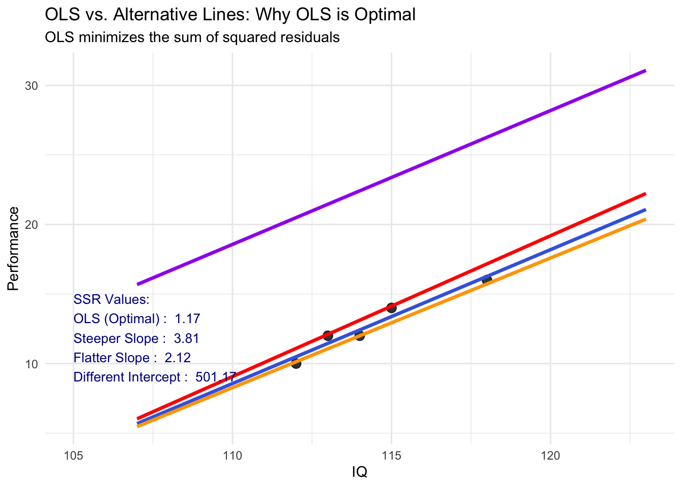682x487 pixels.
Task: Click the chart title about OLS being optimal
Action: pos(230,15)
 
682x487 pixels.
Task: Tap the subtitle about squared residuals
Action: pos(192,38)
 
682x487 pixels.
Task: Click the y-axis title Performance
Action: pos(14,249)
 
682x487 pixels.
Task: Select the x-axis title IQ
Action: pos(359,472)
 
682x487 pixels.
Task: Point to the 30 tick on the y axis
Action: pos(32,86)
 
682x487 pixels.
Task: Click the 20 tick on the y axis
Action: pos(32,225)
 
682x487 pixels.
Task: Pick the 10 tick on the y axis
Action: pos(32,364)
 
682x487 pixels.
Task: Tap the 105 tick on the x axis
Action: pos(74,456)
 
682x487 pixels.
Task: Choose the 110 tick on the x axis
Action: pos(232,456)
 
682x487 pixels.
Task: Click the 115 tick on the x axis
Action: pos(391,456)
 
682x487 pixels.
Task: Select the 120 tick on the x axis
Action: pos(551,456)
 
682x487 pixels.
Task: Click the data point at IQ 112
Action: pos(296,363)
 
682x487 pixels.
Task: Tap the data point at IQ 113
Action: pos(328,335)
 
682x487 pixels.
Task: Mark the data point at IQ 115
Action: pos(391,307)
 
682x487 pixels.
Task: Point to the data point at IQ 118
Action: pos(487,280)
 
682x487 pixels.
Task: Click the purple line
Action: pos(391,178)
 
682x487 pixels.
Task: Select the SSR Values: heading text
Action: pos(112,299)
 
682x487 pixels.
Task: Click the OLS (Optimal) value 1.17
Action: pos(187,319)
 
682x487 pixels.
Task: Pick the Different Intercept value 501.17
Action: pos(215,377)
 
